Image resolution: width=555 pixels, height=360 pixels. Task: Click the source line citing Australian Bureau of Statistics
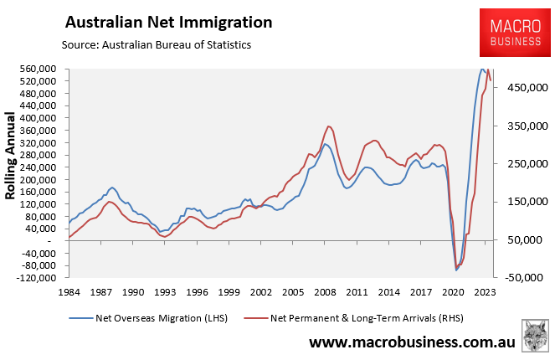point(157,44)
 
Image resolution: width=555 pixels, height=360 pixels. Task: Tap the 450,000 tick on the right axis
point(526,88)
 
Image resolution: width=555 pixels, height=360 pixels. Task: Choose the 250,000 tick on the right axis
point(526,163)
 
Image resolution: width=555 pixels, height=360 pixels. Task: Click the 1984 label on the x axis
point(69,292)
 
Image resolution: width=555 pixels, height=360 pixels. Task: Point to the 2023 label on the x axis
point(483,292)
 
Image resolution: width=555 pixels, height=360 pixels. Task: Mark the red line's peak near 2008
point(329,126)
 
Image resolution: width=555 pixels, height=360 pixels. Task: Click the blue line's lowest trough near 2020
point(456,270)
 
